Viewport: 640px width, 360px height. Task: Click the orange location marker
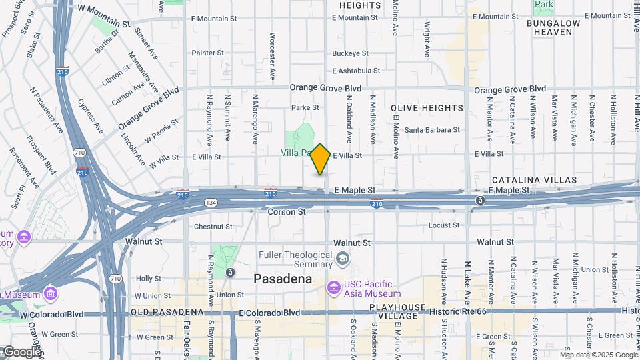321,159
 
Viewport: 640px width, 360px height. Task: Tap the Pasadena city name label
283,279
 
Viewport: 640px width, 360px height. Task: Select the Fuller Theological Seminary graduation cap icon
342,258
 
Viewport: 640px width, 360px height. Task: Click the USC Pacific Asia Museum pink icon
334,288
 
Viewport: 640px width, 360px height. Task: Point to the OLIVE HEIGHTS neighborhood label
427,108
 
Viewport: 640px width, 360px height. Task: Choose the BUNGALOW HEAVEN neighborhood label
553,27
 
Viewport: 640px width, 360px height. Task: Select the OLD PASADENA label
166,313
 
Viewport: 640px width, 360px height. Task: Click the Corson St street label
287,212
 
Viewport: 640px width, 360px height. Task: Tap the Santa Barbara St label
432,130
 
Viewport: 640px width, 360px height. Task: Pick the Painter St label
207,53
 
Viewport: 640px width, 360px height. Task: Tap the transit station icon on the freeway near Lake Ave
480,201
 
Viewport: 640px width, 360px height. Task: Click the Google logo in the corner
21,353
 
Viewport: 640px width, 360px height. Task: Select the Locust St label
444,225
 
